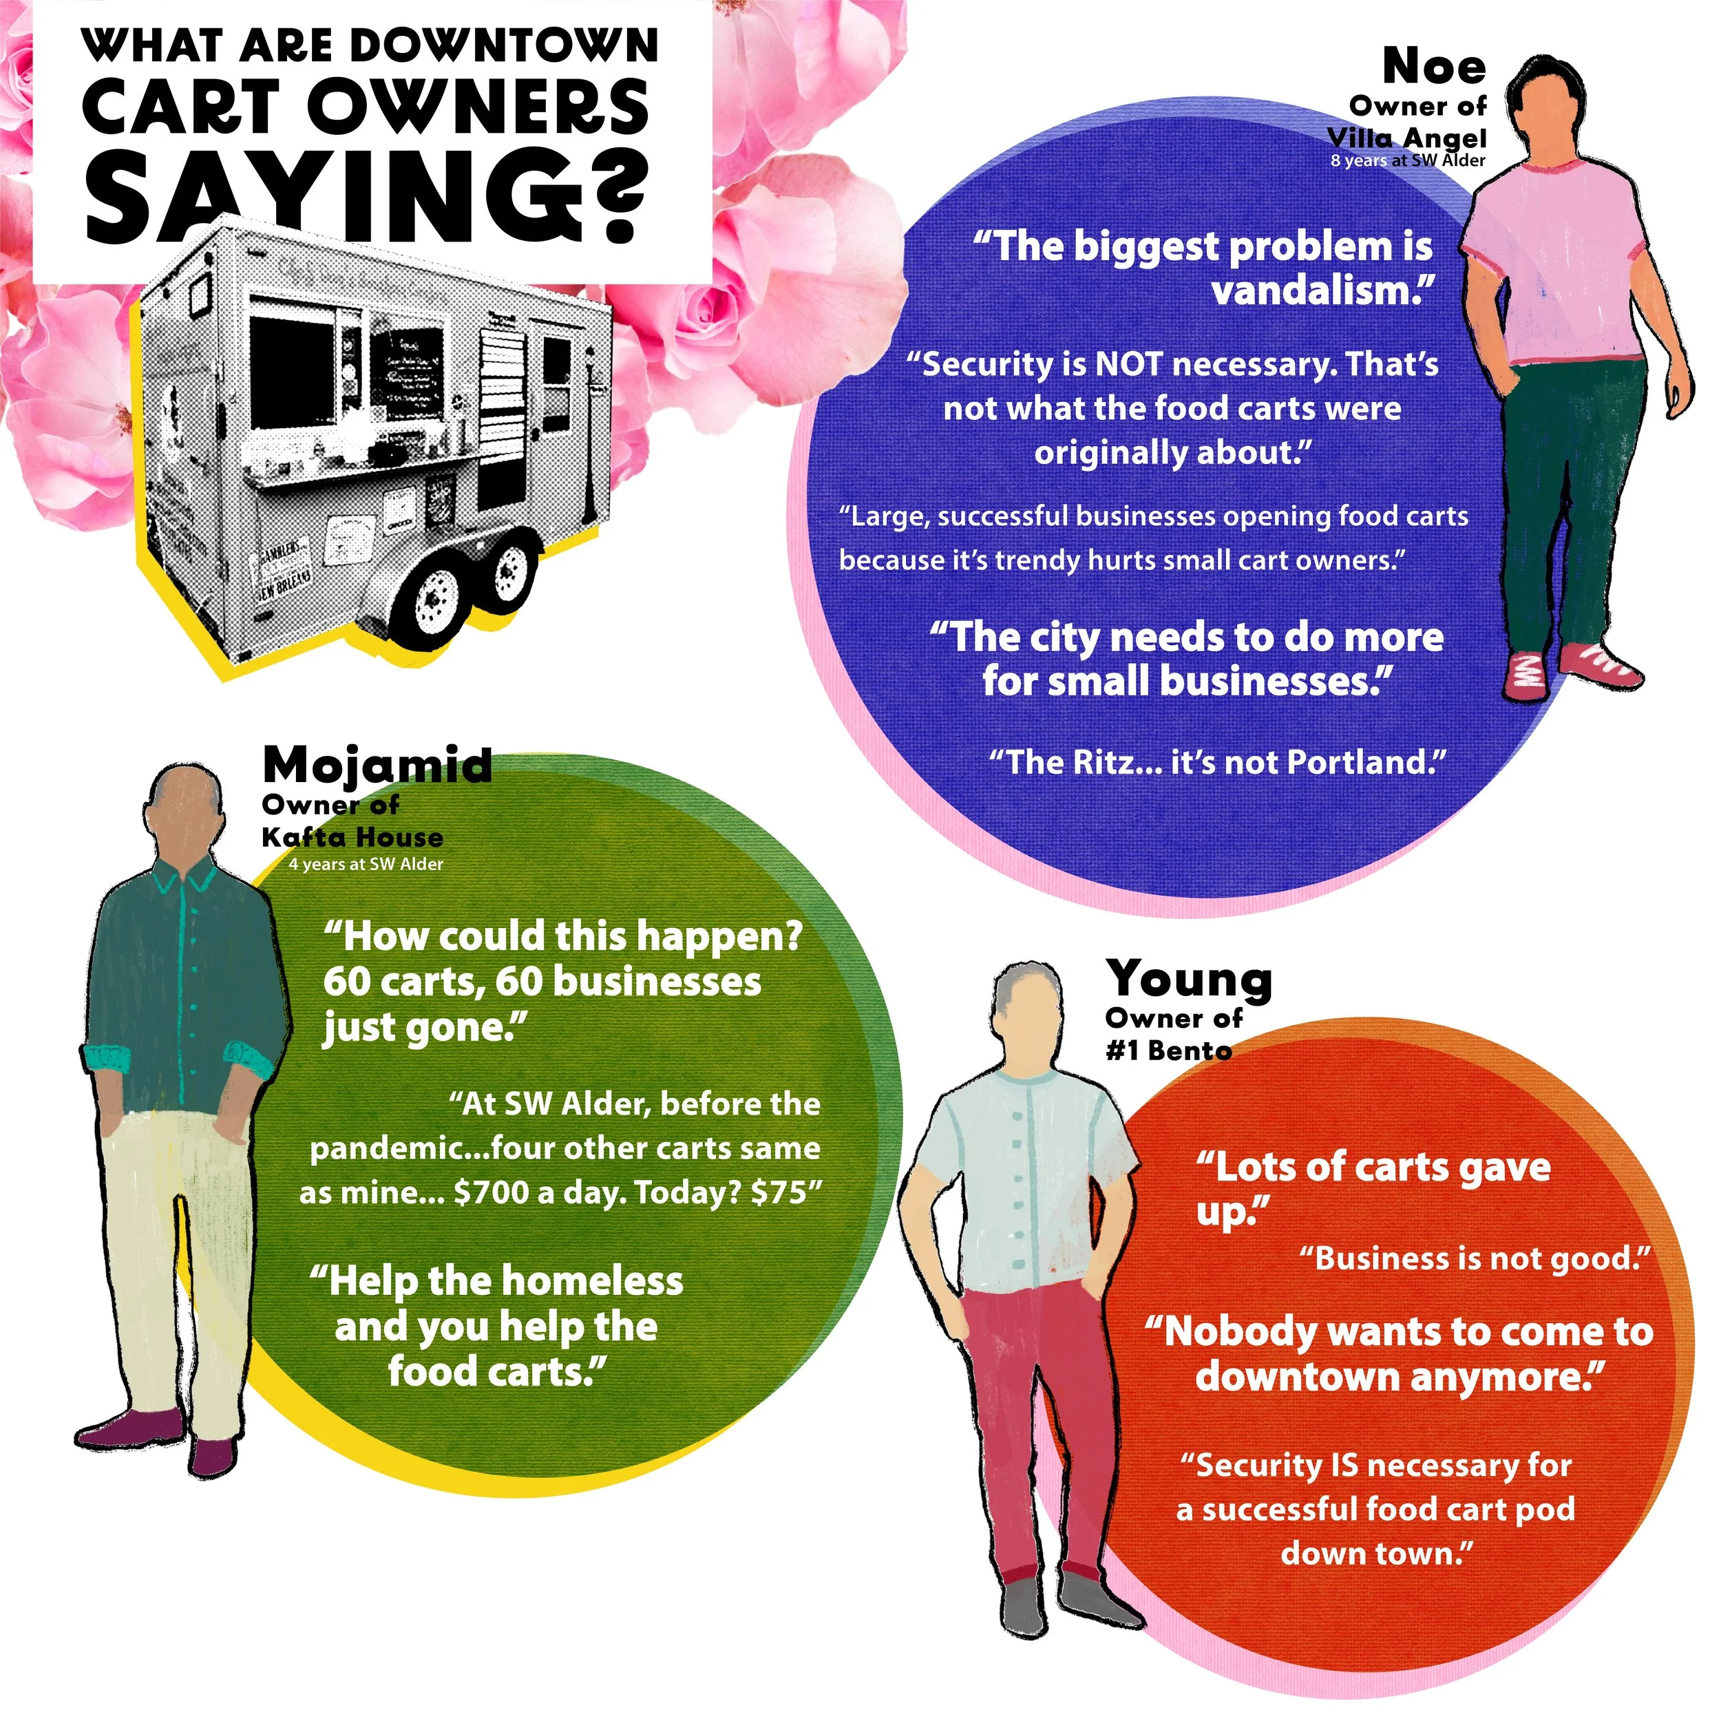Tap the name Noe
tap(1433, 66)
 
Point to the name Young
tap(1189, 980)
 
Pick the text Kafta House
tap(352, 837)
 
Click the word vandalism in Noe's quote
tap(1315, 291)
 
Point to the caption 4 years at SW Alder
tap(366, 864)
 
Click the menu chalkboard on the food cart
tap(405, 370)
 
